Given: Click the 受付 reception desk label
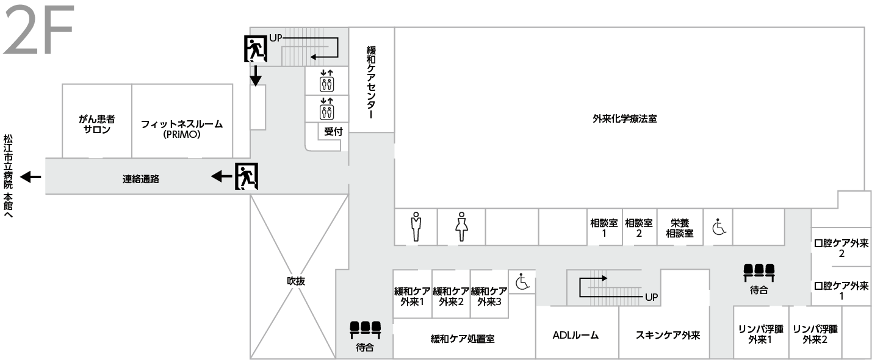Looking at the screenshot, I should pos(333,131).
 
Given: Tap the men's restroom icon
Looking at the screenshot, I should pos(416,226).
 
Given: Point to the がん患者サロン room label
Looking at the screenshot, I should pos(97,124).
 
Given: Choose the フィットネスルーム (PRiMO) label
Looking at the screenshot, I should pos(182,129).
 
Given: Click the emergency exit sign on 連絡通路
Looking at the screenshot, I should pos(247,176).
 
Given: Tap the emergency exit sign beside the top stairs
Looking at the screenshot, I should pos(256,49).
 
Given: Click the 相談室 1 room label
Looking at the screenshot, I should pos(604,228).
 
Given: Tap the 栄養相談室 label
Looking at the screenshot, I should pos(679,228).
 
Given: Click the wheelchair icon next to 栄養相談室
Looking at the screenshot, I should pos(718,228).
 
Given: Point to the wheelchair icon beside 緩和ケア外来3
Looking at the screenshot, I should pos(522,282).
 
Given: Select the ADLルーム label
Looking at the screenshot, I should pos(575,335).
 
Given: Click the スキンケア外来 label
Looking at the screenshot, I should pos(667,335).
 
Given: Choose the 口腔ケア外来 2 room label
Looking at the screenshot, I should pos(841,248).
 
